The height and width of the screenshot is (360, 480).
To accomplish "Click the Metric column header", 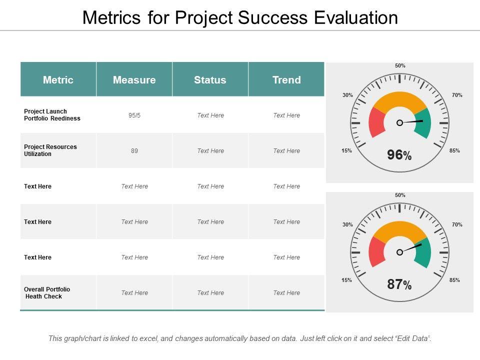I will coord(58,80).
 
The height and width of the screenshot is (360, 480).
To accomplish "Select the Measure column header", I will coord(134,80).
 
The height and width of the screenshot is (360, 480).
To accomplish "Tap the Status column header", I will coord(210,80).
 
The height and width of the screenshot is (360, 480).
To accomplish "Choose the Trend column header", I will coord(286,80).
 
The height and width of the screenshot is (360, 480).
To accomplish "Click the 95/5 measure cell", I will coord(134,115).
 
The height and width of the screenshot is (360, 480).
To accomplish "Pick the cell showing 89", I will coord(134,151).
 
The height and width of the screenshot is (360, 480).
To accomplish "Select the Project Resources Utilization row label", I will coord(50,150).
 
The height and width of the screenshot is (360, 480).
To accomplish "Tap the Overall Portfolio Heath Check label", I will coord(47,293).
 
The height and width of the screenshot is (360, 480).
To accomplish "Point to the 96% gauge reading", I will coord(399,155).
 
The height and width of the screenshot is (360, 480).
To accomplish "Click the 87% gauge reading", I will coord(399,285).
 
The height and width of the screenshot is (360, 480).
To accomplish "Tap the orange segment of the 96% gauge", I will coord(399,100).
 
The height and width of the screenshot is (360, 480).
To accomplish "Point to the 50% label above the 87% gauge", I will coord(400,195).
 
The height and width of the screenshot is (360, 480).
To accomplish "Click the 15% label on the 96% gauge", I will coord(347,150).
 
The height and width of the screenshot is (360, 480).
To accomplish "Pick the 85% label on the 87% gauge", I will coord(454,280).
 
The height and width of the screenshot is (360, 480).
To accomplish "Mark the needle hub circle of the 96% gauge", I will coord(399,122).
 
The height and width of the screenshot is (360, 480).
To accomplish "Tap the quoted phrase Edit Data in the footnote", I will coord(413,338).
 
